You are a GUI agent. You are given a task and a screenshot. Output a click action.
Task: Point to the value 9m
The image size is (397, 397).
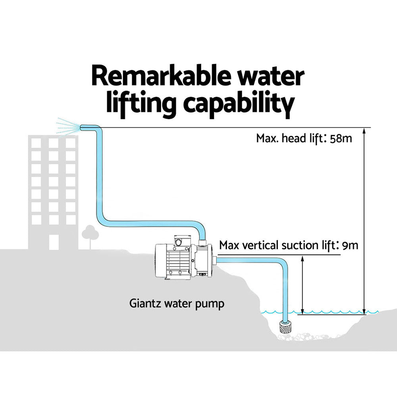[350, 245]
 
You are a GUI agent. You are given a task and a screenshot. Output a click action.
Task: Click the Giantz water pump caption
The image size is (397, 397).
[177, 304]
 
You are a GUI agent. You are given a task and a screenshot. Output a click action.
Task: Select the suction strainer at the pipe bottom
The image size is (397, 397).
[285, 327]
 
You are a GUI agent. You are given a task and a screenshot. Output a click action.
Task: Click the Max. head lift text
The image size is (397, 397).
[289, 139]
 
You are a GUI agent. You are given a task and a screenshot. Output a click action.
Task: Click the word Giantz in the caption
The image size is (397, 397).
[144, 304]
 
